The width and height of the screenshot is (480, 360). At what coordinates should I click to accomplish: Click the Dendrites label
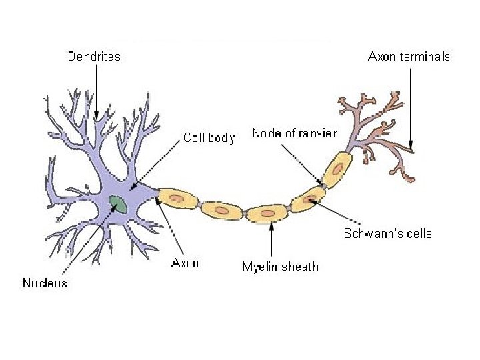pyautogui.click(x=94, y=57)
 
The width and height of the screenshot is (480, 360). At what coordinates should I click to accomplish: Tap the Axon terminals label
pyautogui.click(x=409, y=57)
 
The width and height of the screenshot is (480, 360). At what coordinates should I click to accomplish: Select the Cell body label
pyautogui.click(x=209, y=138)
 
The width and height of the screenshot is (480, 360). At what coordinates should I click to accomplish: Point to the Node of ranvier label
pyautogui.click(x=294, y=133)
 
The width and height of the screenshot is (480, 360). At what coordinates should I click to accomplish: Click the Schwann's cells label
pyautogui.click(x=387, y=233)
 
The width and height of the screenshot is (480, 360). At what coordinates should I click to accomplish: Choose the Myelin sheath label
pyautogui.click(x=280, y=267)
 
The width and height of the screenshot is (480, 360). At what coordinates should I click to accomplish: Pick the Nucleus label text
pyautogui.click(x=45, y=283)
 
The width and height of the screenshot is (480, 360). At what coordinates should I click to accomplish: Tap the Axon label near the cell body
pyautogui.click(x=185, y=263)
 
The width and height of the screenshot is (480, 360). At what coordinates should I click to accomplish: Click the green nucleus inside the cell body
pyautogui.click(x=119, y=203)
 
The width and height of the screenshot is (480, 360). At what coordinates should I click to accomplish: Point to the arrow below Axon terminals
pyautogui.click(x=411, y=107)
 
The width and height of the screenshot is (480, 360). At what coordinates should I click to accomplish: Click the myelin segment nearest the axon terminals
pyautogui.click(x=339, y=169)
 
